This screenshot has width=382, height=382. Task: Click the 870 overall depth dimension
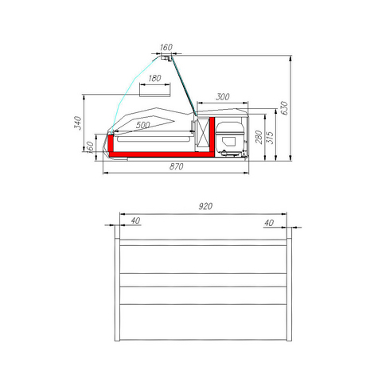pos(176,166)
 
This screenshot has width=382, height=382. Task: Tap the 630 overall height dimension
pos(284,107)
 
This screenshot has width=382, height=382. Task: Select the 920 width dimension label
pos(205,206)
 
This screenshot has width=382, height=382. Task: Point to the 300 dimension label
pos(222,97)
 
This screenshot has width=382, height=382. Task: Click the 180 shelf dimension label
pos(154,78)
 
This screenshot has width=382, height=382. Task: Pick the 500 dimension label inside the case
pos(142,125)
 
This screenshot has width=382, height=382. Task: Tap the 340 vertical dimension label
pos(78,123)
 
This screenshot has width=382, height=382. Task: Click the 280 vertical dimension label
pos(259,137)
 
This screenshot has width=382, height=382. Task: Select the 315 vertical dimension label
pos(270,138)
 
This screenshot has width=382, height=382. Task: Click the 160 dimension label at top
pos(166,47)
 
